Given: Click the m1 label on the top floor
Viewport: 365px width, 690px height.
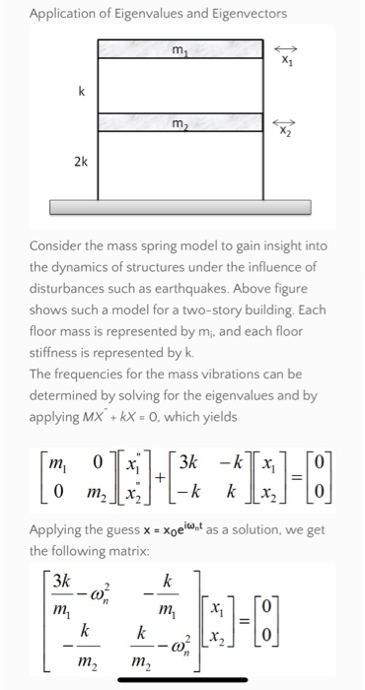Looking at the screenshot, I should coord(179,49).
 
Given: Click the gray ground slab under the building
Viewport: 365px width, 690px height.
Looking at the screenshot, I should coord(182,208).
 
